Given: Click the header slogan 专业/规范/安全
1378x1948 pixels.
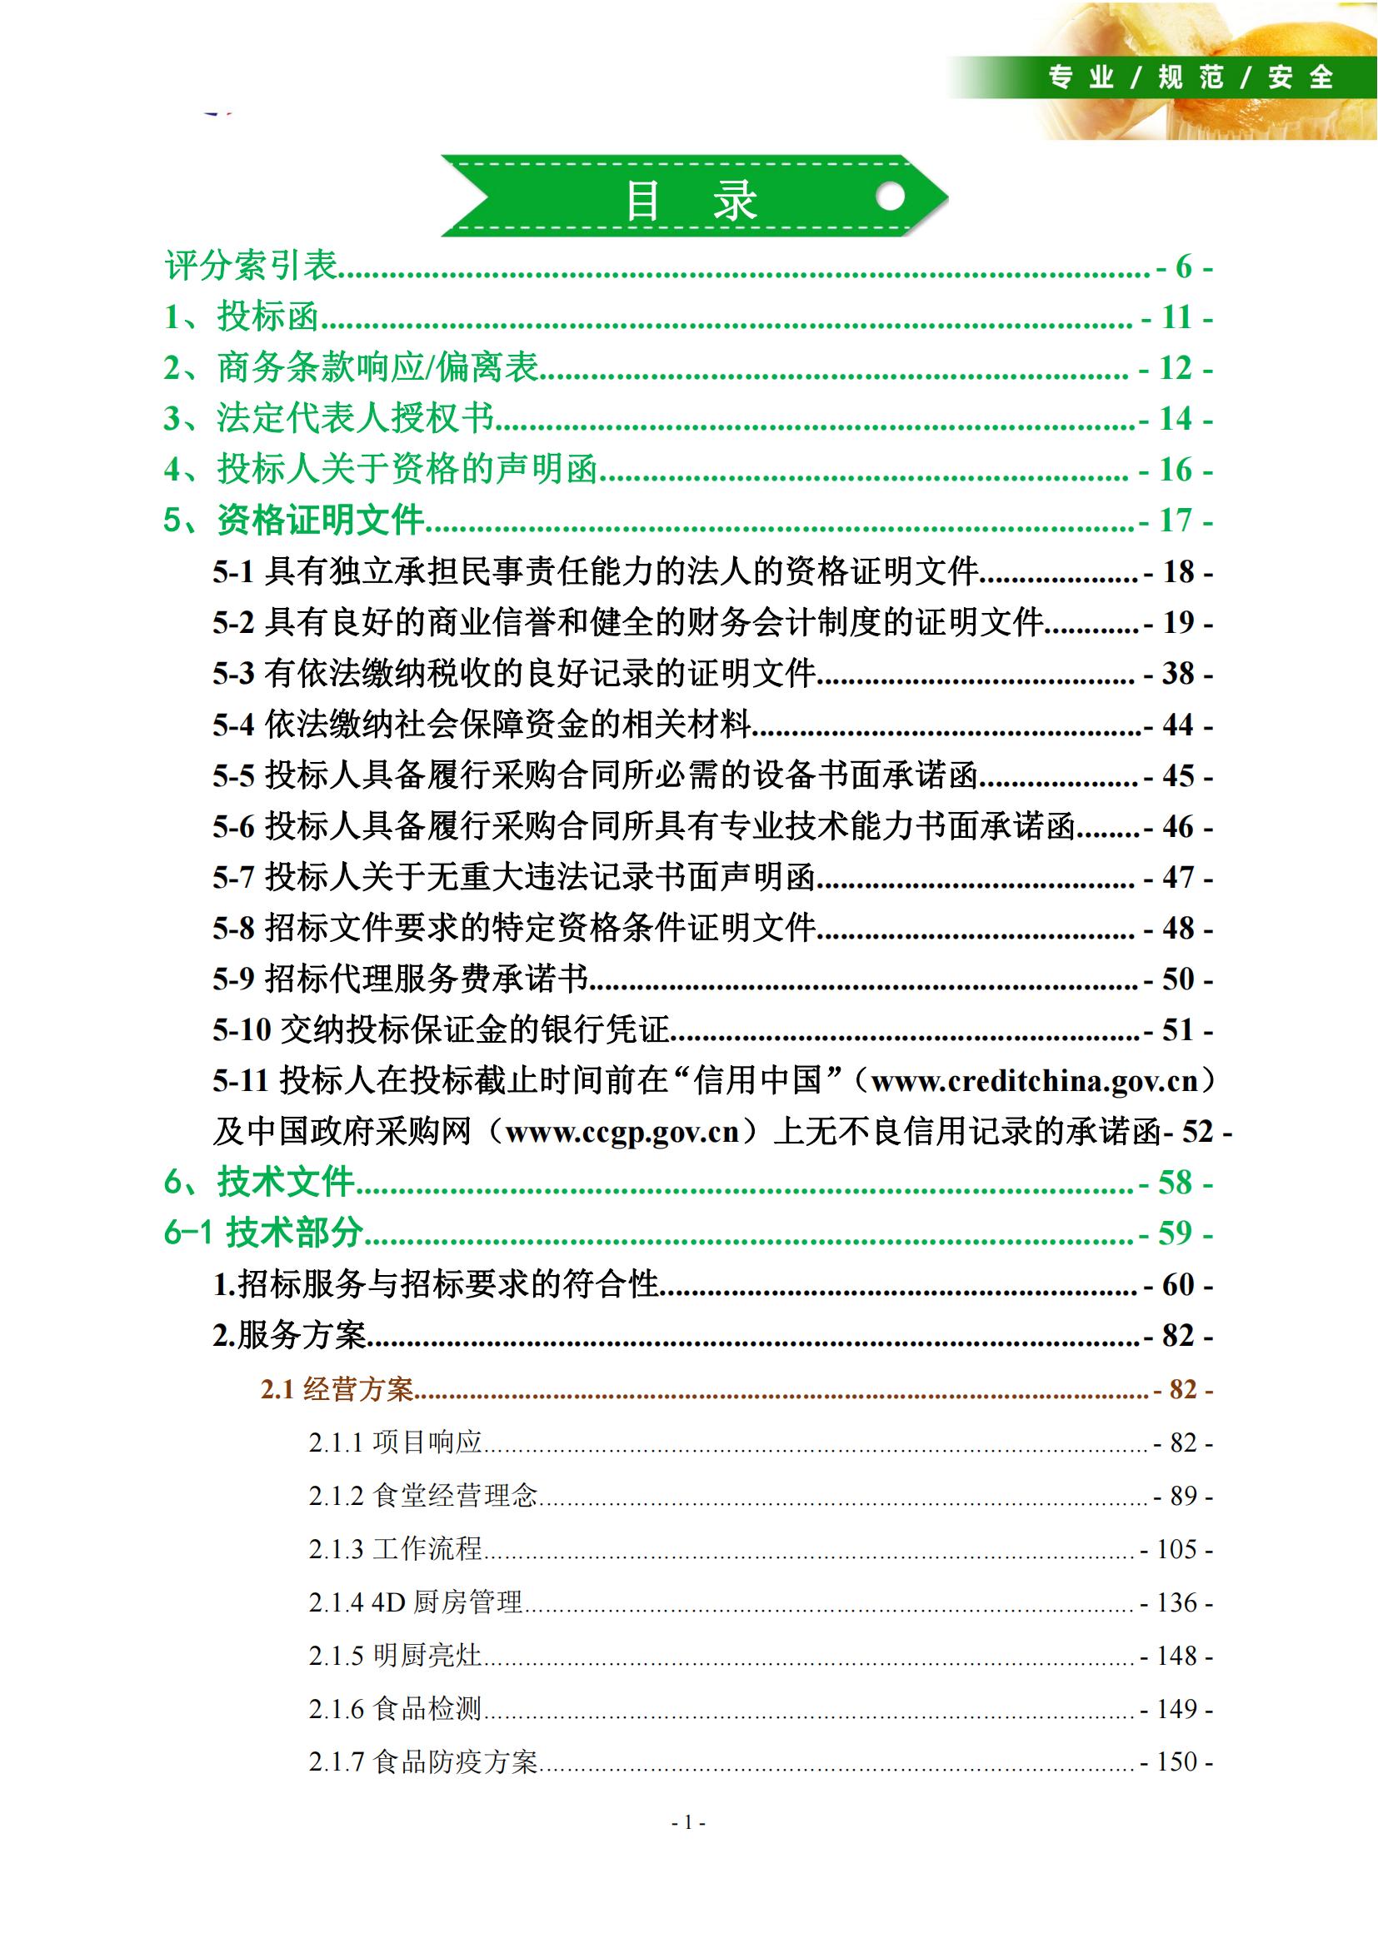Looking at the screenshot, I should coord(1191,78).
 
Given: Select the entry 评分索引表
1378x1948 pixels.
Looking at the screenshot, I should coord(251,267).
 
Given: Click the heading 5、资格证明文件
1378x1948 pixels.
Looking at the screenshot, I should coord(294,520).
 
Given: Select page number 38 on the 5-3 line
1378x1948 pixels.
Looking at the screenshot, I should coord(1178,675).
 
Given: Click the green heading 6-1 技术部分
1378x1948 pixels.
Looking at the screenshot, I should coord(263,1233).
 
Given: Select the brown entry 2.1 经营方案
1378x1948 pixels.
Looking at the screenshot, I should coord(337,1390).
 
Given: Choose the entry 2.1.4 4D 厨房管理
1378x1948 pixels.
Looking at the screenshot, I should coord(415,1602).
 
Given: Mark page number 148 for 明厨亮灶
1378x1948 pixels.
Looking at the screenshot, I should coord(1176,1656).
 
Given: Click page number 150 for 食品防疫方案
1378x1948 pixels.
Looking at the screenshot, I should coord(1176,1761).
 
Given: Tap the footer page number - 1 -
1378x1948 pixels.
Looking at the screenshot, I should coord(688,1822).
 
